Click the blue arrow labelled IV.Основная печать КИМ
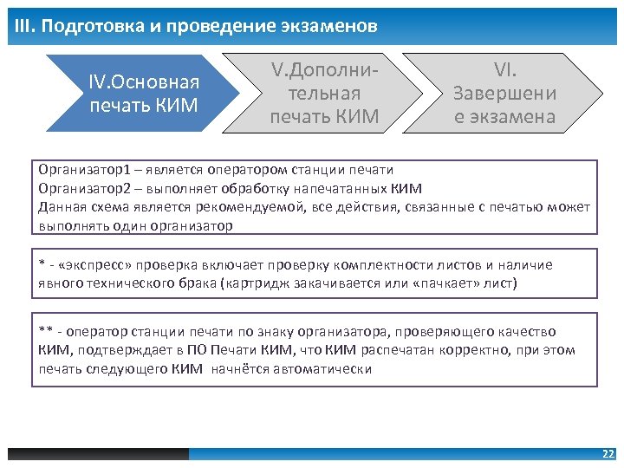[143, 94]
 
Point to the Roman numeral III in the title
[23, 26]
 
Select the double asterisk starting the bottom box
[45, 331]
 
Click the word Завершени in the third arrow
[504, 93]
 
